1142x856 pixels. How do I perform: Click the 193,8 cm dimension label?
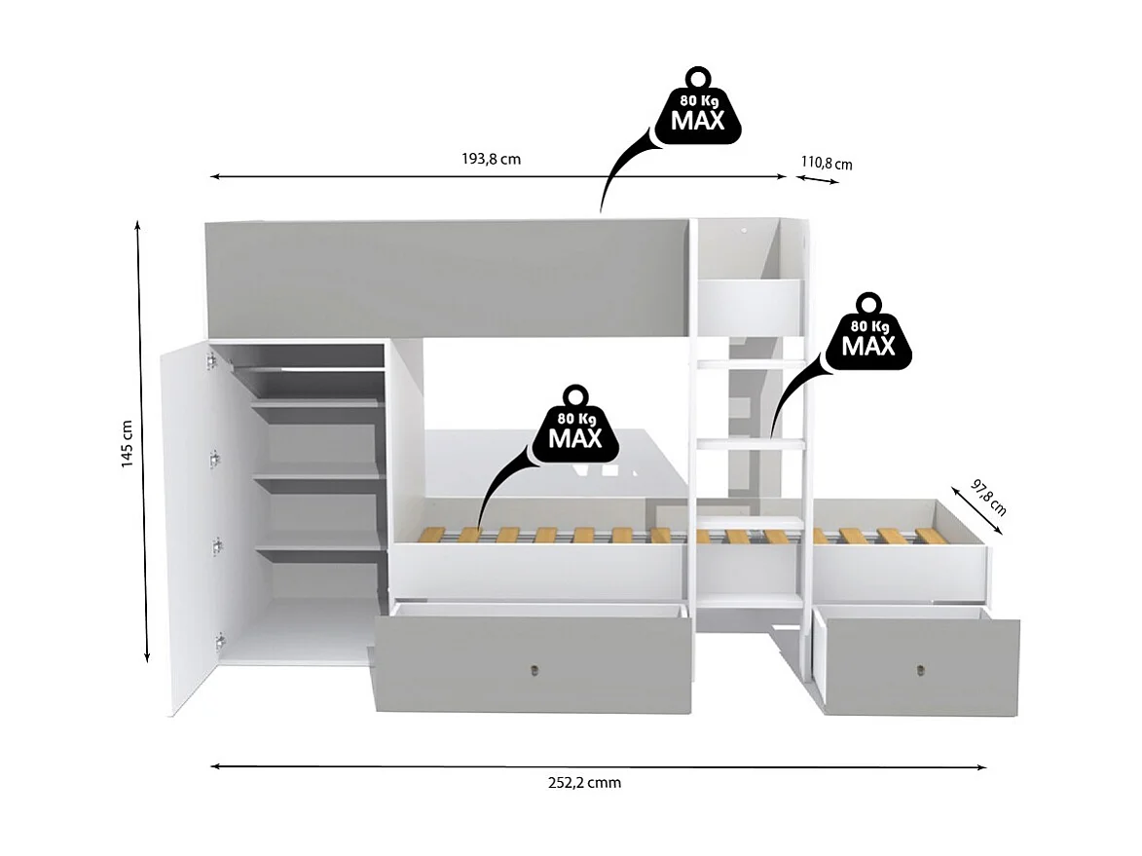(x=491, y=159)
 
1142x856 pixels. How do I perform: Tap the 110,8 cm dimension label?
(x=827, y=163)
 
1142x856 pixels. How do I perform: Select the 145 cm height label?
(x=127, y=444)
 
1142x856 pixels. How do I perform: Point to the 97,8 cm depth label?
(x=988, y=496)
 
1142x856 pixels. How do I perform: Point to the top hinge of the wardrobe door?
(x=209, y=361)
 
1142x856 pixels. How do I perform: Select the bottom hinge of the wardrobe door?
(x=220, y=641)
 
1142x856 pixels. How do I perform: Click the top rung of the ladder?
(x=748, y=364)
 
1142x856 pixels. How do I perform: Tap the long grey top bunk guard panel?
(x=448, y=277)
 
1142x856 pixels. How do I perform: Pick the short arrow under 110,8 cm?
(x=816, y=180)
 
